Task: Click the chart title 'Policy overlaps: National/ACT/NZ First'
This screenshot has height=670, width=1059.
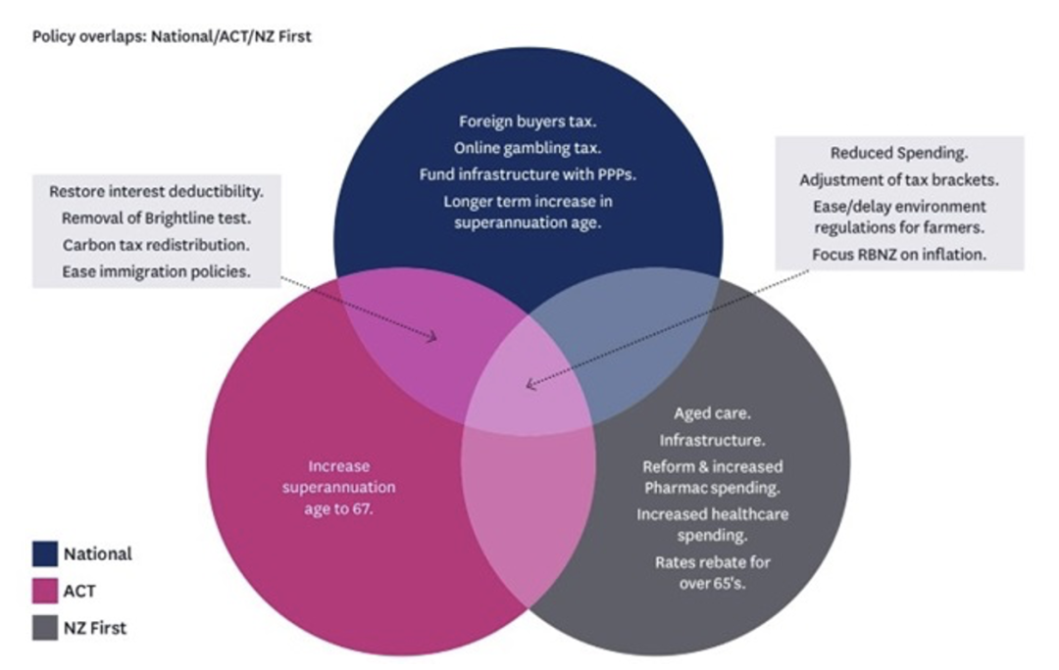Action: (x=172, y=37)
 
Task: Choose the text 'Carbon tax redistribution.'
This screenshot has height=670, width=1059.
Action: (x=156, y=245)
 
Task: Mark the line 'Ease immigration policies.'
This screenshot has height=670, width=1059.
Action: (x=156, y=271)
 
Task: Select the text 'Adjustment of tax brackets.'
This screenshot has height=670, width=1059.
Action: (x=898, y=180)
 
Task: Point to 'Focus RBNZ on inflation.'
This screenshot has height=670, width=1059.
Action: (x=899, y=255)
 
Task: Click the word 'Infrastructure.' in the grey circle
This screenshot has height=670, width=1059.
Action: (x=713, y=441)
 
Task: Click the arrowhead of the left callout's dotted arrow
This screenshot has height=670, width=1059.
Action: (x=431, y=338)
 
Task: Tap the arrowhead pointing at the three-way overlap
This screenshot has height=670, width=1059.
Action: (x=529, y=385)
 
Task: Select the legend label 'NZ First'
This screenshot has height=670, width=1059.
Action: (x=95, y=628)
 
